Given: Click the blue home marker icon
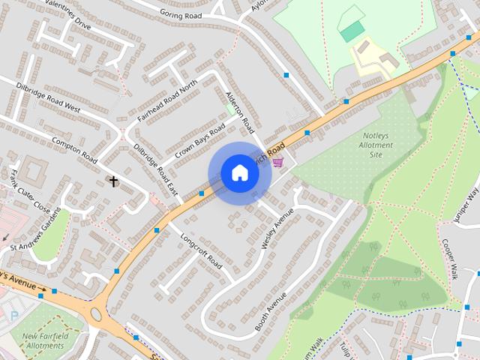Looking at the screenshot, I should [240, 173].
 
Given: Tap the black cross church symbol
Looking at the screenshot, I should [114, 181].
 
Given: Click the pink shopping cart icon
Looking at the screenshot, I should [278, 162].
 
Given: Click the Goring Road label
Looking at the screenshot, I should [182, 13].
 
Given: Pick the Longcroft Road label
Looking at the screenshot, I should [202, 251].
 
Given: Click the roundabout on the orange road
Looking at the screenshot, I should [96, 314].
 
